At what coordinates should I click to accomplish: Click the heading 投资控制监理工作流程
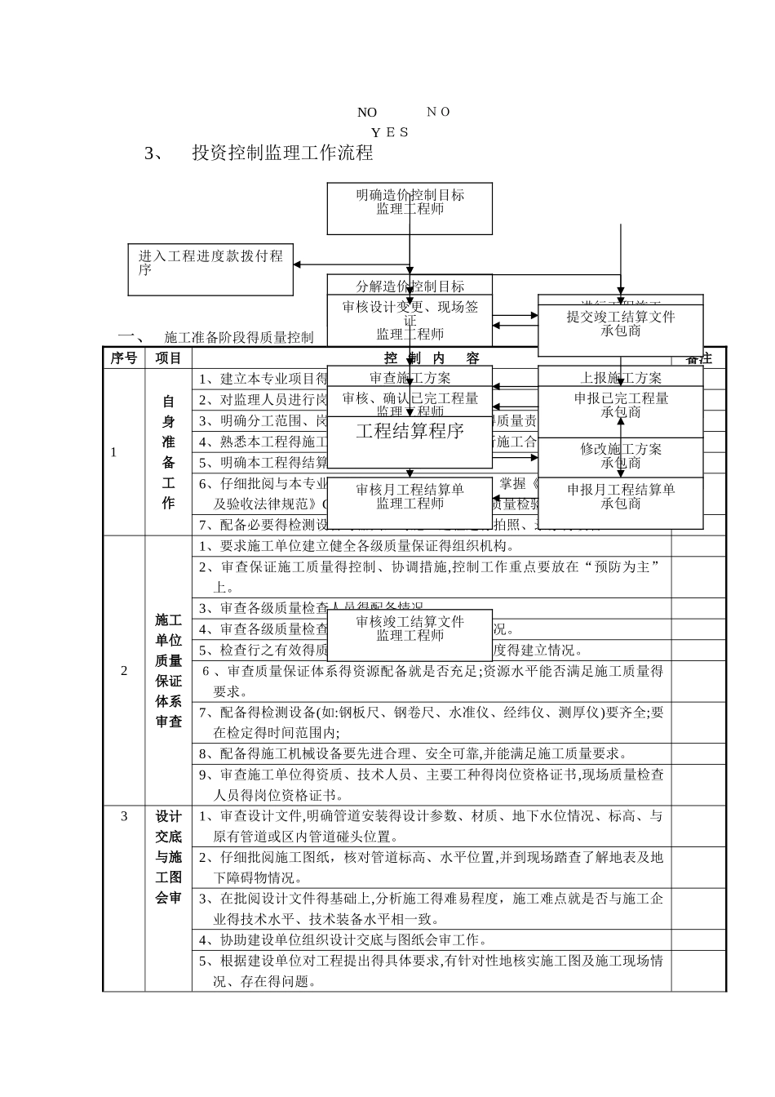click(x=282, y=153)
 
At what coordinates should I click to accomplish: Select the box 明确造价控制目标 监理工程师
click(x=410, y=207)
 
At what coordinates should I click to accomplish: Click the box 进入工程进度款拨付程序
click(x=210, y=269)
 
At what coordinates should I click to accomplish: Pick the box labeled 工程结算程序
click(x=410, y=432)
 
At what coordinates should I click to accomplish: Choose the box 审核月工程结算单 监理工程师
click(x=410, y=498)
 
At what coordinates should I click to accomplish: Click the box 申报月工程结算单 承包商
click(x=620, y=498)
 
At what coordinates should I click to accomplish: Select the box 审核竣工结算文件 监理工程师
click(x=410, y=630)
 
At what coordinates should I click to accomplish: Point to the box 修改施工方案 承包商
click(x=620, y=457)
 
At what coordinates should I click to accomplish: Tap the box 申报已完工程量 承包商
click(x=620, y=406)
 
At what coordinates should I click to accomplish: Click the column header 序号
click(x=124, y=358)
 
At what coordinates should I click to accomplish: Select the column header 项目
click(x=168, y=358)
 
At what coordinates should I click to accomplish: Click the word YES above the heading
click(x=390, y=132)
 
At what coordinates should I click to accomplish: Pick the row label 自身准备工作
click(x=168, y=451)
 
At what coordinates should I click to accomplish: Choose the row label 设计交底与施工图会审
click(x=168, y=857)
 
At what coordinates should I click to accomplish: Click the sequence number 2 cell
click(x=124, y=671)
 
